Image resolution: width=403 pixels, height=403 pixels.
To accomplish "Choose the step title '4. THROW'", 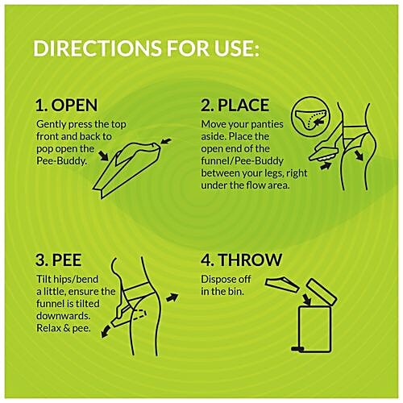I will pyautogui.click(x=241, y=260).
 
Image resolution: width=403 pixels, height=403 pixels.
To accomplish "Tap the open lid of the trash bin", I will pyautogui.click(x=315, y=289).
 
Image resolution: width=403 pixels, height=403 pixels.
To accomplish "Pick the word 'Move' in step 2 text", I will pyautogui.click(x=215, y=125).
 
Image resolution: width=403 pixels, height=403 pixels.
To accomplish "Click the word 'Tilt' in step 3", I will pyautogui.click(x=44, y=280).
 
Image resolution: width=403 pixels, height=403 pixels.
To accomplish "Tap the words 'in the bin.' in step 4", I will pyautogui.click(x=225, y=291).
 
